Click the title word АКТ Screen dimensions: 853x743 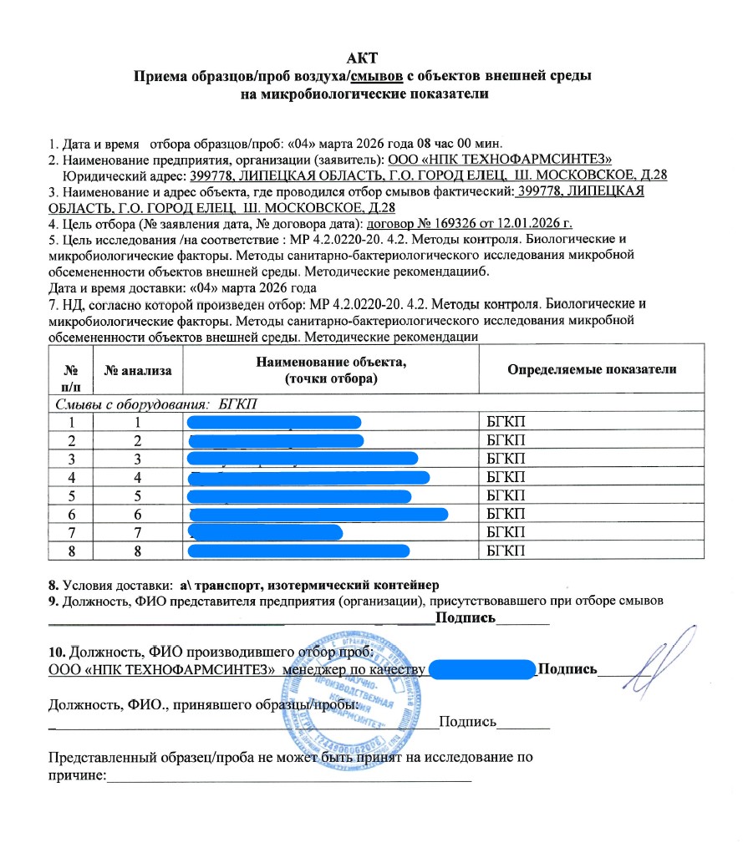364,58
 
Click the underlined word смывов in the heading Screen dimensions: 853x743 378,76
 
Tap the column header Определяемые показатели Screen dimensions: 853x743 593,369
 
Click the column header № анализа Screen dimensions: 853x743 136,369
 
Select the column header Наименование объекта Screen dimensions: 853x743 330,362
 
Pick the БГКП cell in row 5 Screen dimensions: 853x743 504,495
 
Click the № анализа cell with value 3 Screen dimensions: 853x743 136,459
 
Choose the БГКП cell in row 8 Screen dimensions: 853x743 504,551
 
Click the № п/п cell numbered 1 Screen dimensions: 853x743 76,422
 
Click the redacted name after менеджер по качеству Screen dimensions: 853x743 482,669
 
